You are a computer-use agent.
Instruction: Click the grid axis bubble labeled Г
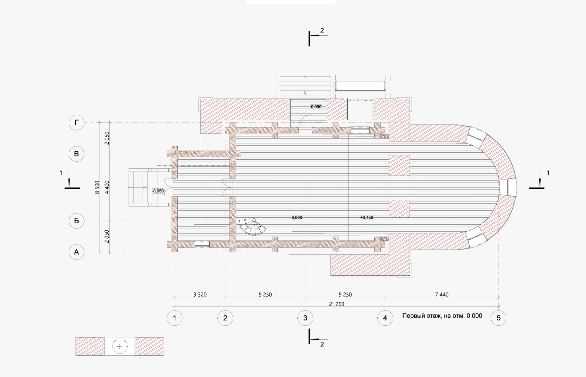[77, 122]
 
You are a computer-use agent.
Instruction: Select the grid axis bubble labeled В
[77, 154]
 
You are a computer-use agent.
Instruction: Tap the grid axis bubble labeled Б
[77, 221]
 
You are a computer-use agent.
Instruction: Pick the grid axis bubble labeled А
[77, 252]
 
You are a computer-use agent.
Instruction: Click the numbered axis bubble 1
[174, 318]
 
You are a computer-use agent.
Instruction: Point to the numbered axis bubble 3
[305, 318]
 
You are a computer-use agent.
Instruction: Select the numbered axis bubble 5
[498, 318]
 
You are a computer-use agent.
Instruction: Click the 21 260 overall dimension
[337, 304]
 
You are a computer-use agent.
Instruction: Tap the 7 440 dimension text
[442, 295]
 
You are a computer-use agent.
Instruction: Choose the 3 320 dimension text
[200, 295]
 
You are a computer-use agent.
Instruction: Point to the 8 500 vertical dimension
[97, 187]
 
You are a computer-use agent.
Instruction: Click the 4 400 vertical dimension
[107, 187]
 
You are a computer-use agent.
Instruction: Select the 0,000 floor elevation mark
[297, 217]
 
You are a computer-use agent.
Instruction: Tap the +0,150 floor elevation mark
[367, 217]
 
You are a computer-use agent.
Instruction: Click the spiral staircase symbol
[252, 227]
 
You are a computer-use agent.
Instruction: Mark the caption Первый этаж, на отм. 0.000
[442, 316]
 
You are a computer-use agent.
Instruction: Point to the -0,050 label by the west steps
[158, 191]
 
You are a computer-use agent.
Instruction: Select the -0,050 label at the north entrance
[316, 107]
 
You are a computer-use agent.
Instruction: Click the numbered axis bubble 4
[385, 318]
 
